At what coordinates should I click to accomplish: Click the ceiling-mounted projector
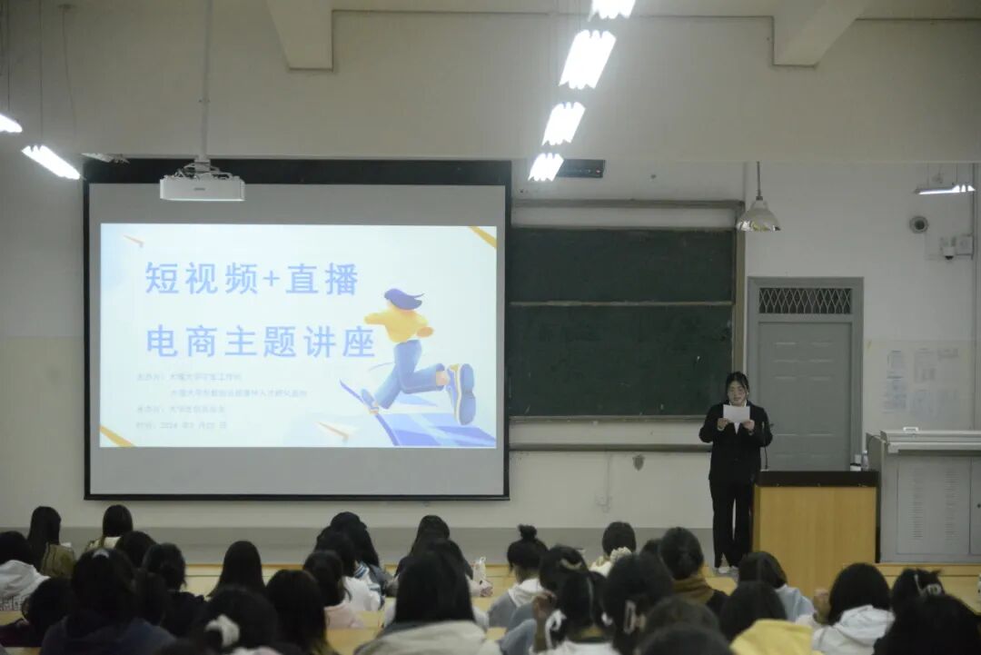202,186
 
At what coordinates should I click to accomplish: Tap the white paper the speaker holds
736,414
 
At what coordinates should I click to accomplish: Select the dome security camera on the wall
918,223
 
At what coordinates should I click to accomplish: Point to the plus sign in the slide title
272,280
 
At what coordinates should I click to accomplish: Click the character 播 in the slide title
342,279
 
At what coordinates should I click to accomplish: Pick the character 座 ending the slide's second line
358,342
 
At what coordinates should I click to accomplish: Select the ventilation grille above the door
805,301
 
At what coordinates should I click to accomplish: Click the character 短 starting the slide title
162,279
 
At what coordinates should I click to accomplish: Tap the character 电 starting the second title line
162,342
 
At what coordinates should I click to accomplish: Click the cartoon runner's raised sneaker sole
464,392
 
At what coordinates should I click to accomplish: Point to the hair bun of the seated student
528,532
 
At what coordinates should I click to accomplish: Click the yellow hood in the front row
771,638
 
